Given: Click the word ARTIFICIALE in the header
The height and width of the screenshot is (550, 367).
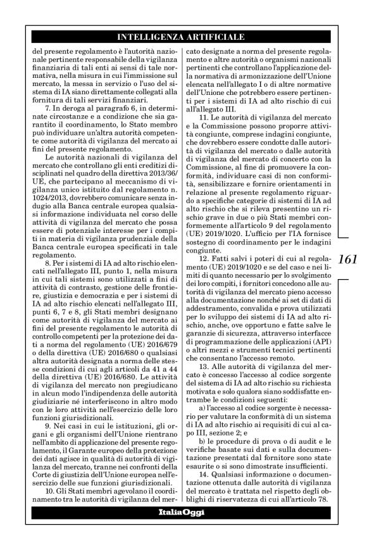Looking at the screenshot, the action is pos(216,37).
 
